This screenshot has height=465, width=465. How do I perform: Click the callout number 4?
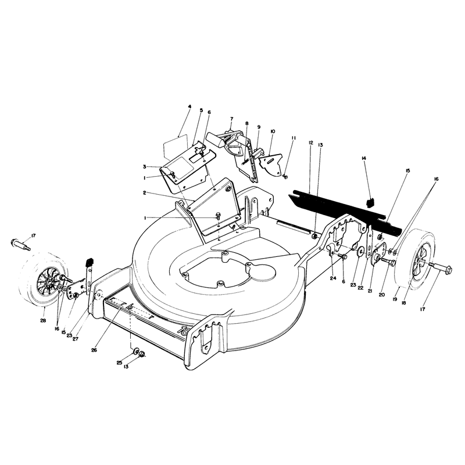click(190, 106)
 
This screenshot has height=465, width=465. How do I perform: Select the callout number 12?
click(311, 142)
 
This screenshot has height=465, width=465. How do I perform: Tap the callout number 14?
click(364, 158)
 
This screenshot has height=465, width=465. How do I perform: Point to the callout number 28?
click(43, 320)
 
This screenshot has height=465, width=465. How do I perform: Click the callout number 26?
click(94, 350)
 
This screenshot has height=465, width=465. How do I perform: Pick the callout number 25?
click(119, 362)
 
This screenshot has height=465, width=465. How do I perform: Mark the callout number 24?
click(333, 278)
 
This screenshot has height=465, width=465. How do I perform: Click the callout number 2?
click(144, 193)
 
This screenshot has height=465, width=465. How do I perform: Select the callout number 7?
click(231, 119)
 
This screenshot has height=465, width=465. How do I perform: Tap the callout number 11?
click(294, 138)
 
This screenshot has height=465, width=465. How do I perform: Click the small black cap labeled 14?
click(370, 203)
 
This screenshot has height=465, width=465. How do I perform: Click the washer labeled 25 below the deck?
click(136, 351)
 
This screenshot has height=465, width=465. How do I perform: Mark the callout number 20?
click(382, 295)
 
